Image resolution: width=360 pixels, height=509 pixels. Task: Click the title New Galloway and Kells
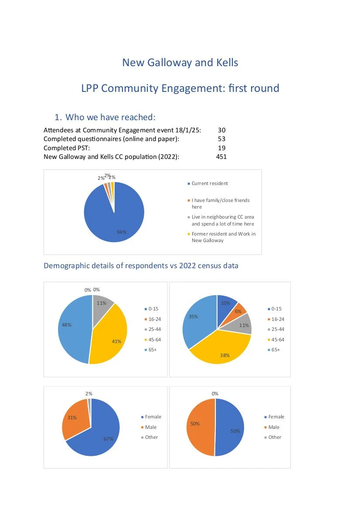180,63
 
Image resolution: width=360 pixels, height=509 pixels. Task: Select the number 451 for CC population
221,157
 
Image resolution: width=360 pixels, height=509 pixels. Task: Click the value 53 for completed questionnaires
221,139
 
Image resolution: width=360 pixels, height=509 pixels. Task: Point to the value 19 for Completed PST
221,148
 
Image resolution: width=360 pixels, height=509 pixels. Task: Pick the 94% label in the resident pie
122,232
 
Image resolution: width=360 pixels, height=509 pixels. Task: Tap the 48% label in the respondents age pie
67,324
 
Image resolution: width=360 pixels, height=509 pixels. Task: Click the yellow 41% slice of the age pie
111,335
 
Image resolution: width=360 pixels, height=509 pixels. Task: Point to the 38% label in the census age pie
224,355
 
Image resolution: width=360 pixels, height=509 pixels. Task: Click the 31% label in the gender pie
72,418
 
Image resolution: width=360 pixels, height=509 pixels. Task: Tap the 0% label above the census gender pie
215,394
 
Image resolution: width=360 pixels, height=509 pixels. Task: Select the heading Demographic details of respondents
141,266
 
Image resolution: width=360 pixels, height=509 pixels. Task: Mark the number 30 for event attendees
221,130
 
